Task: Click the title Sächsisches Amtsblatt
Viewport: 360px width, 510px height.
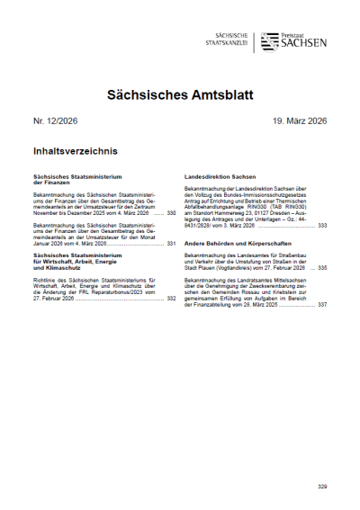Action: pos(180,94)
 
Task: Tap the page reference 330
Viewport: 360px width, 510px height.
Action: pos(171,213)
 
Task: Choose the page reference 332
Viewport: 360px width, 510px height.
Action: pos(171,298)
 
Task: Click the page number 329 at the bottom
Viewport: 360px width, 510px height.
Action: pos(322,487)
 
